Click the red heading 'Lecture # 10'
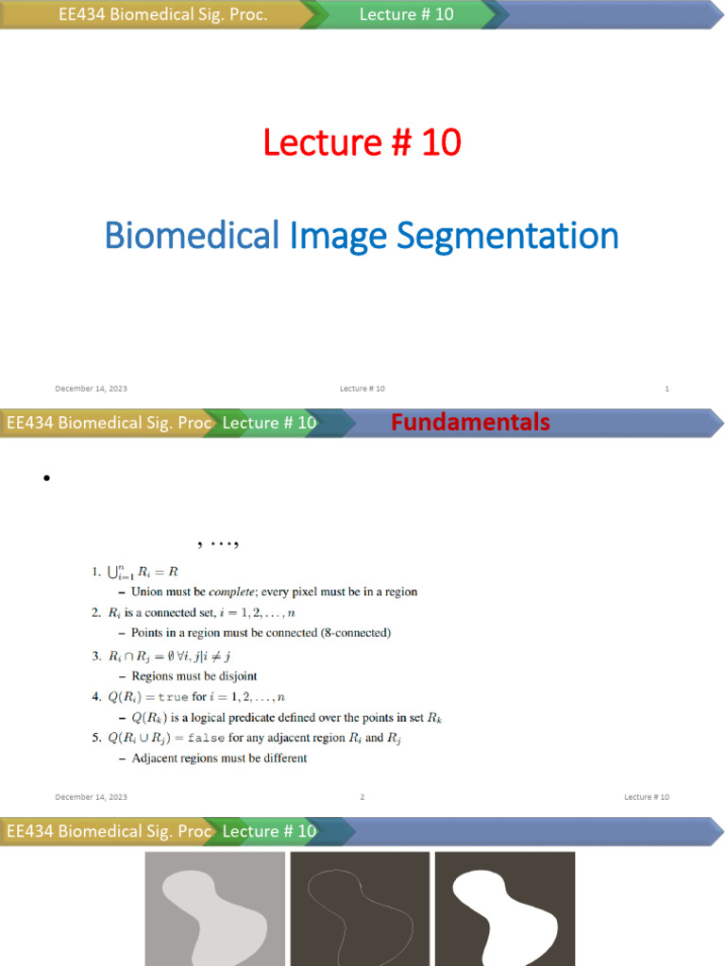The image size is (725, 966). pyautogui.click(x=362, y=142)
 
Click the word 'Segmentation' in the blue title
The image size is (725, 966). pyautogui.click(x=507, y=235)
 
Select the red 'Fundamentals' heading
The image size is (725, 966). pyautogui.click(x=470, y=423)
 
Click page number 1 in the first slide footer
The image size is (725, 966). pyautogui.click(x=667, y=389)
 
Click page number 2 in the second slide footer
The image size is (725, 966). pyautogui.click(x=362, y=797)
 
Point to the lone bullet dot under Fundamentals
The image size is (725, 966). pyautogui.click(x=44, y=479)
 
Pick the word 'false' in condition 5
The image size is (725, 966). pyautogui.click(x=208, y=738)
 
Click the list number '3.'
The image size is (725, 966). pyautogui.click(x=96, y=656)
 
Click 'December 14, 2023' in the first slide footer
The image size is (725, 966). pyautogui.click(x=91, y=389)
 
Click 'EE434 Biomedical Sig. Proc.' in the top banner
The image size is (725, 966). pyautogui.click(x=163, y=15)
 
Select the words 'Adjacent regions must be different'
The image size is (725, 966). pyautogui.click(x=219, y=758)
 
